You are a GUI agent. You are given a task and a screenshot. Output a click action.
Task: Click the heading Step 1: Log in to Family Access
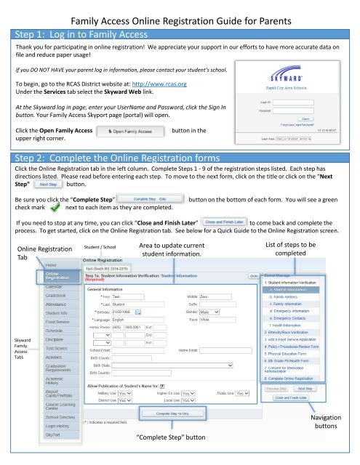tap(73, 33)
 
